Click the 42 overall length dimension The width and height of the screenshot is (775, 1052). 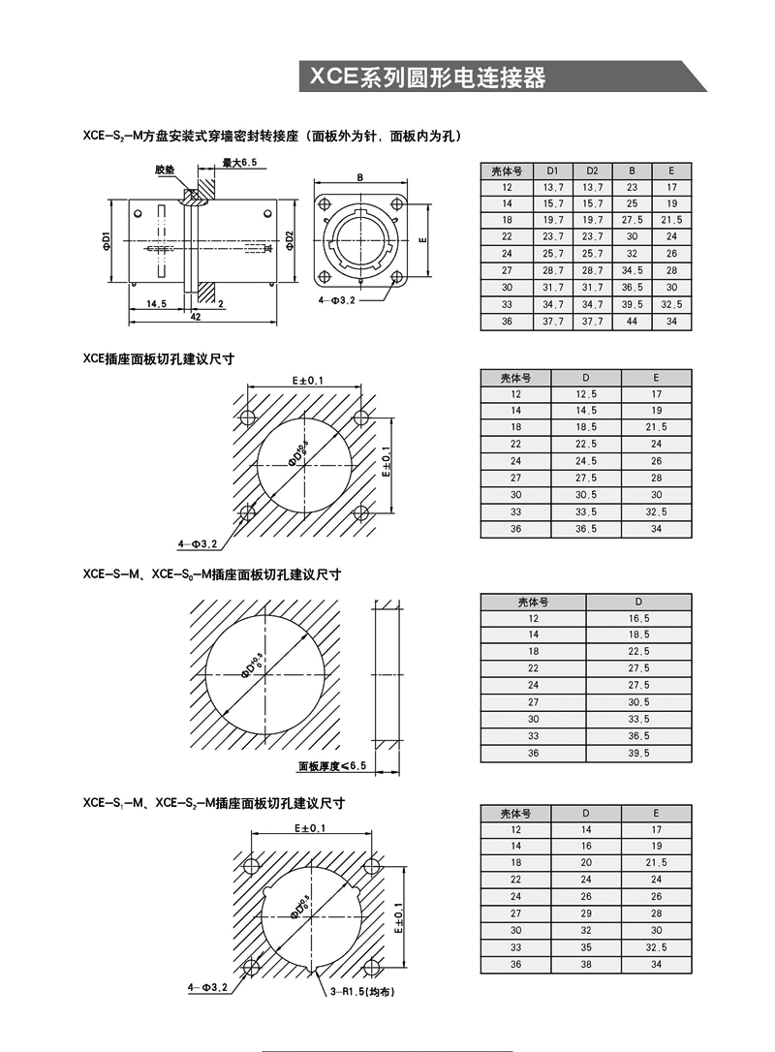pyautogui.click(x=196, y=317)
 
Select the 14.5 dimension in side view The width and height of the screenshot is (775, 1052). pyautogui.click(x=156, y=303)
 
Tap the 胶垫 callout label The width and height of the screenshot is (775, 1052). pyautogui.click(x=166, y=170)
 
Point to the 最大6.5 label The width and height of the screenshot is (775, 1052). pyautogui.click(x=238, y=163)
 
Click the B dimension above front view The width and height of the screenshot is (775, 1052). pyautogui.click(x=359, y=178)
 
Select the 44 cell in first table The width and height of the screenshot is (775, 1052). pyautogui.click(x=632, y=322)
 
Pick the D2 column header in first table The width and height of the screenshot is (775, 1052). pyautogui.click(x=592, y=170)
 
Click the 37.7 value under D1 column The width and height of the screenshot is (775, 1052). pyautogui.click(x=553, y=322)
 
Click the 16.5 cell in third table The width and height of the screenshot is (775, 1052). pyautogui.click(x=639, y=618)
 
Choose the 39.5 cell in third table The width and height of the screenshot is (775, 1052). pyautogui.click(x=639, y=753)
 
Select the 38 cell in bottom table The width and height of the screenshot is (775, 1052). pyautogui.click(x=586, y=965)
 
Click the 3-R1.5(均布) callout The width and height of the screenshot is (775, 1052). pyautogui.click(x=360, y=992)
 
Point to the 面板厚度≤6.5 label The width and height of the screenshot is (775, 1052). pyautogui.click(x=331, y=765)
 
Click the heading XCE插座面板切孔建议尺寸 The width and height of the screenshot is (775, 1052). pyautogui.click(x=159, y=358)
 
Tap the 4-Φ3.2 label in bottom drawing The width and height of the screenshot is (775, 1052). pyautogui.click(x=207, y=987)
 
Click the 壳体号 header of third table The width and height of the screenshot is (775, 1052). pyautogui.click(x=533, y=601)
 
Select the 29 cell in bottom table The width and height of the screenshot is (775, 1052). pyautogui.click(x=586, y=913)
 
